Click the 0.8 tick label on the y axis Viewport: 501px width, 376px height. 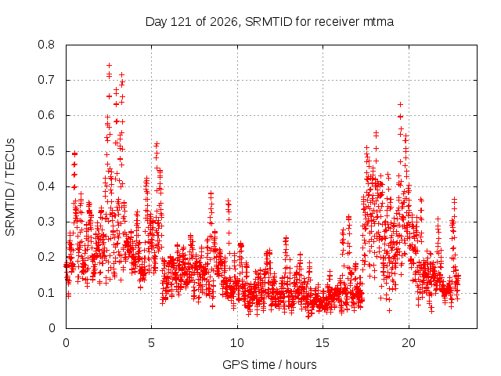[x=46, y=45]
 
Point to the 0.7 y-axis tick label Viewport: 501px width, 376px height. [x=46, y=80]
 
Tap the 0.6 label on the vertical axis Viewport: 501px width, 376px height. [x=46, y=115]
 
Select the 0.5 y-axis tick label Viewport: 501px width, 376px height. [x=46, y=151]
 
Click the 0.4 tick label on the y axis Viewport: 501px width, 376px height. [x=46, y=186]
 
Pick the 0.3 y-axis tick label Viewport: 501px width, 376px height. [x=46, y=222]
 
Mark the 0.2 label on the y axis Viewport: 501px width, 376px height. [x=46, y=257]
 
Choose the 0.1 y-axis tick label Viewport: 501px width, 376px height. [x=46, y=292]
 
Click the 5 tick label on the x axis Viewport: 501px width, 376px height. [x=151, y=343]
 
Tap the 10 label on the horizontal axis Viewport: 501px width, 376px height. [x=237, y=343]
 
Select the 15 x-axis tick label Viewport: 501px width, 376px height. [x=323, y=343]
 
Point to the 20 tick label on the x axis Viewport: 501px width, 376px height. [x=409, y=343]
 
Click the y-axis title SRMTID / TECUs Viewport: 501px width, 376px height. [x=10, y=187]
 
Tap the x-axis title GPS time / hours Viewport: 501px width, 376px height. [x=269, y=365]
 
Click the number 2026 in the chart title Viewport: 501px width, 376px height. [x=224, y=22]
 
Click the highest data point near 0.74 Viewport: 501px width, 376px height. [x=109, y=66]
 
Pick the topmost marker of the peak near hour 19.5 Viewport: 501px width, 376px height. [x=400, y=104]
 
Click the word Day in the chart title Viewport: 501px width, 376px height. [x=157, y=22]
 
